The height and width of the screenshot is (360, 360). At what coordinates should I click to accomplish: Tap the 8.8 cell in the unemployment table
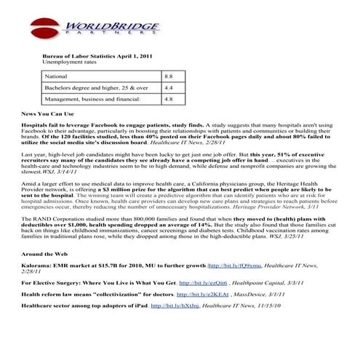pos(168,76)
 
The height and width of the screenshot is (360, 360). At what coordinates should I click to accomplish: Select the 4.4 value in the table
pos(168,87)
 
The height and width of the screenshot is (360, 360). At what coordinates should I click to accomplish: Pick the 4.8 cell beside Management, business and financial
pos(168,99)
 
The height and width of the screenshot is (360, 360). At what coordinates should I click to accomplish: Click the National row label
pos(56,76)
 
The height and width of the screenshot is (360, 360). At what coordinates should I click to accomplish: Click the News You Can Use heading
pos(49,114)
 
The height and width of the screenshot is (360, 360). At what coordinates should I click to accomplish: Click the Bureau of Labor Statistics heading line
pos(92,56)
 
